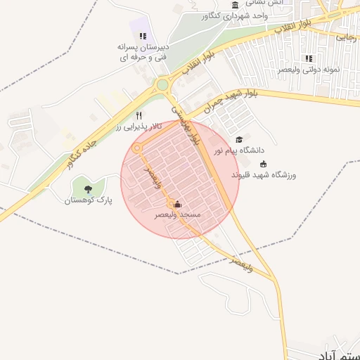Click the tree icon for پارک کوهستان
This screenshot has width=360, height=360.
click(88, 188)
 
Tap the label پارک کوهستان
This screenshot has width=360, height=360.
click(88, 200)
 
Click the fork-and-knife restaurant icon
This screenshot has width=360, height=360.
click(139, 116)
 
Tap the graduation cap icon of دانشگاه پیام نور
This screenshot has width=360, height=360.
click(239, 140)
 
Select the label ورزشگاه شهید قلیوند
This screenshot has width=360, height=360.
click(264, 174)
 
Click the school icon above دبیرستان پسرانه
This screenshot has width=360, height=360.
click(143, 36)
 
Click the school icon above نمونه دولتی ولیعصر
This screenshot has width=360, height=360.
click(308, 58)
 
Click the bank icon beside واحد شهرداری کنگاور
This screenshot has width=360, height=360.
click(233, 6)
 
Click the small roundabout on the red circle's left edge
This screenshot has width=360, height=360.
click(137, 148)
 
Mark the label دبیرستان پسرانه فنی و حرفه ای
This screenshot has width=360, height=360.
click(143, 51)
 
